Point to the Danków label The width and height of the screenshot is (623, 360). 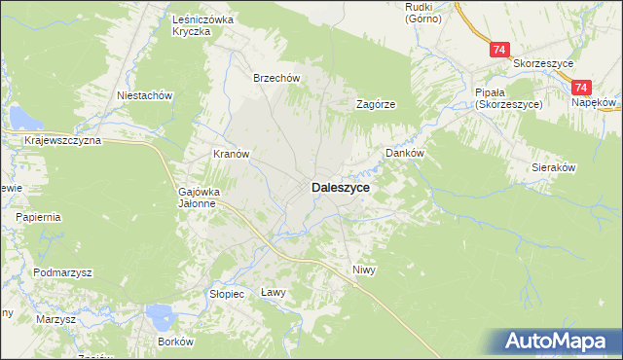[x=406, y=153]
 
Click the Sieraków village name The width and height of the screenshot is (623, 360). [x=554, y=167]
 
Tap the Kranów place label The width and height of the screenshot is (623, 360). [x=233, y=154]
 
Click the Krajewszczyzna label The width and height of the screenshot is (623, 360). [x=63, y=141]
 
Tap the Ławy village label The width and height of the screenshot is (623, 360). [x=274, y=292]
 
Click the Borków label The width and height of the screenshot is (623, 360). [x=177, y=342]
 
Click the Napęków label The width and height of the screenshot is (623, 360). [x=595, y=101]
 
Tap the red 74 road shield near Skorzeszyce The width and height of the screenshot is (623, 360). [x=498, y=50]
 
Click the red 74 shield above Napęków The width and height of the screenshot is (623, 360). [x=583, y=87]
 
